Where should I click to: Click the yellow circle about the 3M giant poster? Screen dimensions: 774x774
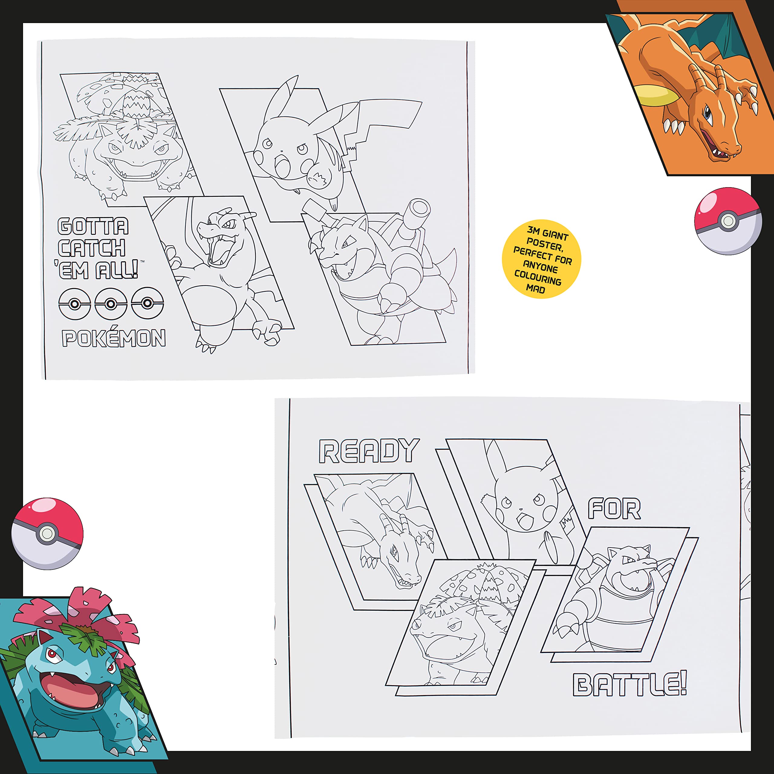coord(541,259)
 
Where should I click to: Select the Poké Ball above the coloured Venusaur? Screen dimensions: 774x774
coord(47,533)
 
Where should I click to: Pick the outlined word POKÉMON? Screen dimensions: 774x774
coord(114,339)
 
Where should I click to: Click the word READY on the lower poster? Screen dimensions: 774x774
coord(369,451)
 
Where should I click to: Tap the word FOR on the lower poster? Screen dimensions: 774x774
coord(614,509)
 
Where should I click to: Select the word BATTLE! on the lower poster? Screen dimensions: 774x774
coord(630,685)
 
